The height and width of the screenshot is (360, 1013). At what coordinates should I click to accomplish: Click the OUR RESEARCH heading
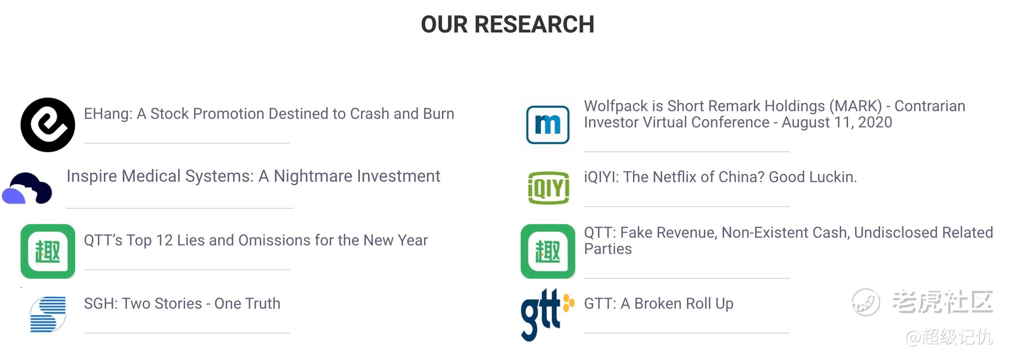point(507,24)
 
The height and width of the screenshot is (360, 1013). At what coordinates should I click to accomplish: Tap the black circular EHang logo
point(48,125)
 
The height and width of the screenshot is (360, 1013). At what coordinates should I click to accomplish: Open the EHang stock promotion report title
point(269,114)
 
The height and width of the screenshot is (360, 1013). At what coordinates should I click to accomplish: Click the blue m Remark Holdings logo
point(548,125)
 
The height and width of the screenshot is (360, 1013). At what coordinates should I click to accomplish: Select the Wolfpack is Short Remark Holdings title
point(774,114)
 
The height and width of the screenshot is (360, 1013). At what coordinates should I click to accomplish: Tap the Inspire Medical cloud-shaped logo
point(27,188)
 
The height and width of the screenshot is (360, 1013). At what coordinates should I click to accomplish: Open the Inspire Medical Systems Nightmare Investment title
point(253,176)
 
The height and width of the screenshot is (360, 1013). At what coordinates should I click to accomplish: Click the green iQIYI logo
point(548,188)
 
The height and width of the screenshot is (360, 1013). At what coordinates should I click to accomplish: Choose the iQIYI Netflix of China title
point(720,177)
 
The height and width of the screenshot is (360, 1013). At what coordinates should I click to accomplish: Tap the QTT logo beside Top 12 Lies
point(48,251)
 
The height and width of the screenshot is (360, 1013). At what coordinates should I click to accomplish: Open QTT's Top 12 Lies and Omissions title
point(256,240)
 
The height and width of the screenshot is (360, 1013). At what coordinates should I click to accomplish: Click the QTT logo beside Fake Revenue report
point(548,251)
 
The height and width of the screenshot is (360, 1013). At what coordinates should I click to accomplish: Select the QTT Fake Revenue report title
point(788,241)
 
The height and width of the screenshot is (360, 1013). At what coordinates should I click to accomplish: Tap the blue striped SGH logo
point(48,315)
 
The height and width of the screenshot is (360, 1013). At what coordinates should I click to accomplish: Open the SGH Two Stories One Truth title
point(182,304)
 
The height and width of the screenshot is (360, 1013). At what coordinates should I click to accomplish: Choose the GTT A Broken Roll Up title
point(659,304)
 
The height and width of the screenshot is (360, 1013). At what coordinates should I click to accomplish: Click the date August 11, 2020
point(837,123)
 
